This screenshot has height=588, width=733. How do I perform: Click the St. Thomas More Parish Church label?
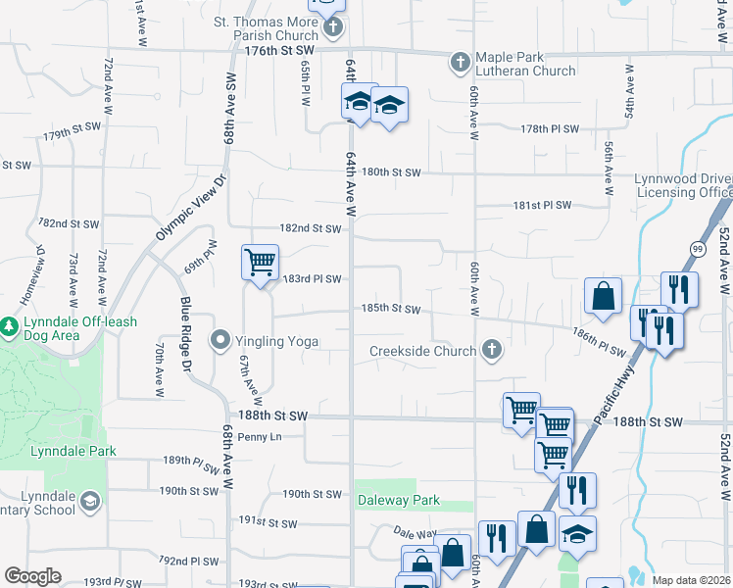click(x=265, y=27)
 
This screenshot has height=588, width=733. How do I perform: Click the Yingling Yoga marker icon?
click(x=220, y=340)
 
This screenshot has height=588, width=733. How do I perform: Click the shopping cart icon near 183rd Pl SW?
click(x=260, y=262)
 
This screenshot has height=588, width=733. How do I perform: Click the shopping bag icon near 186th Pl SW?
click(x=603, y=294)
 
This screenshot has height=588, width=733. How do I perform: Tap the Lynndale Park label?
click(x=73, y=452)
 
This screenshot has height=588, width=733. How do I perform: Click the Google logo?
click(x=33, y=576)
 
